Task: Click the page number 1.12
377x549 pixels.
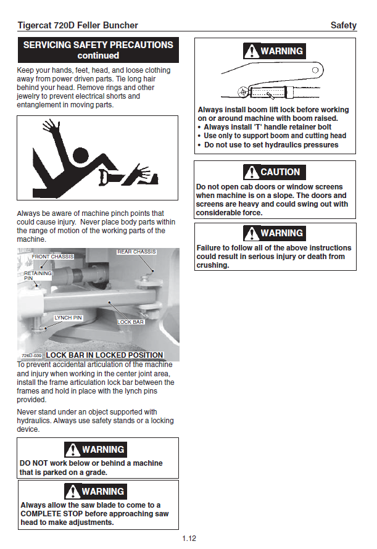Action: point(189,539)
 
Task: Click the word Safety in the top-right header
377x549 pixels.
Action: point(343,25)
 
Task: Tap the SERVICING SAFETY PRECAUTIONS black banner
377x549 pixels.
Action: point(98,49)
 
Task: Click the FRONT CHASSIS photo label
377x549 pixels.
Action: point(52,257)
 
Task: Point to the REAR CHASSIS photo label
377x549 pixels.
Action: point(136,252)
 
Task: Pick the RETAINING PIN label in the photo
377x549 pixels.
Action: point(37,276)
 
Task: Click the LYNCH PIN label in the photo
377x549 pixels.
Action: point(68,318)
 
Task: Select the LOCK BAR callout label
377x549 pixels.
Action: point(130,323)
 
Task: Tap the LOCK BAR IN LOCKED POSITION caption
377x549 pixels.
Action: point(104,355)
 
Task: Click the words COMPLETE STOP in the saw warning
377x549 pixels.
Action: point(51,514)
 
